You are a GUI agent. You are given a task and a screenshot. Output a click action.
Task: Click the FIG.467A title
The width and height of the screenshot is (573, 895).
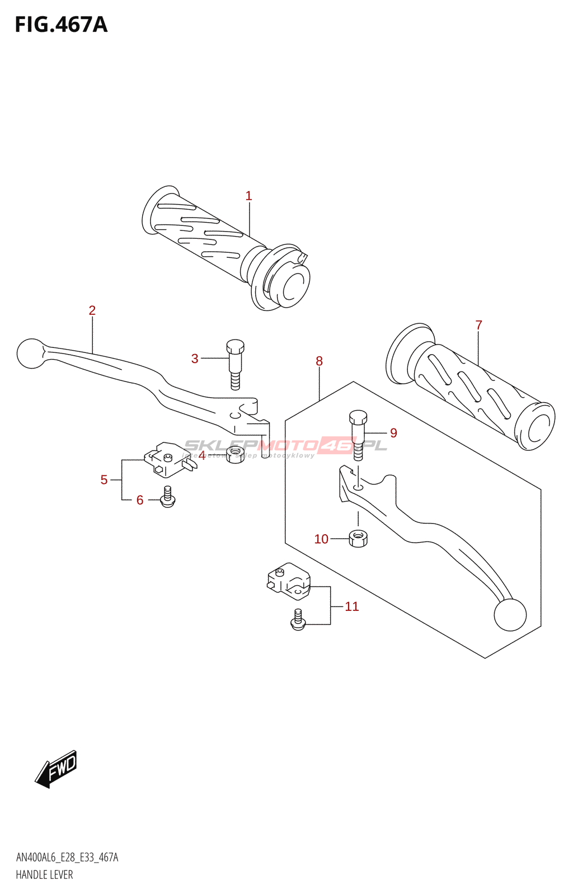tap(61, 25)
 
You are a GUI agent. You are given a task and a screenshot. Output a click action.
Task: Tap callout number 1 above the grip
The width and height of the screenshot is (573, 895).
tap(248, 196)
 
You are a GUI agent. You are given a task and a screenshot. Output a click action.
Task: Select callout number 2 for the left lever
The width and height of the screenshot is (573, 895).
tap(92, 310)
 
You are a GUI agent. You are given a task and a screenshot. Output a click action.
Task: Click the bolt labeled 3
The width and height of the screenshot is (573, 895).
tap(235, 364)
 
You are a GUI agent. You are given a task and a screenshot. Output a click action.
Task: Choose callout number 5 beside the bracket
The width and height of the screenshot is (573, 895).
tap(104, 479)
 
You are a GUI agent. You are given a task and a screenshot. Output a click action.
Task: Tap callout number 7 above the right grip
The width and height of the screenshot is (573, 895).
tap(478, 325)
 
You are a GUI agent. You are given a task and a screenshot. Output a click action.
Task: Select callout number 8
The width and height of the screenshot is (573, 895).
tap(319, 361)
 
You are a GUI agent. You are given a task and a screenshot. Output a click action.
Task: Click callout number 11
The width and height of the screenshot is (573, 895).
tap(351, 606)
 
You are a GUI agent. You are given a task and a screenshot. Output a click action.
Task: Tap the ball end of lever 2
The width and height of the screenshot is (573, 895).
tap(31, 354)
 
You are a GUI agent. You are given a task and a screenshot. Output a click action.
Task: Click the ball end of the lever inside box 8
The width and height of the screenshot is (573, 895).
tap(510, 614)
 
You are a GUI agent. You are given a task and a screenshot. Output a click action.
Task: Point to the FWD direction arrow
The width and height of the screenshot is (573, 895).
tap(57, 769)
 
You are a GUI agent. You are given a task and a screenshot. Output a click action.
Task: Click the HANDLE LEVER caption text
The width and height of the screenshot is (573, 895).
tap(44, 875)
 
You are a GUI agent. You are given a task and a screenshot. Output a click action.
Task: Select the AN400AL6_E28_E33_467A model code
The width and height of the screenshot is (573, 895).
tap(67, 858)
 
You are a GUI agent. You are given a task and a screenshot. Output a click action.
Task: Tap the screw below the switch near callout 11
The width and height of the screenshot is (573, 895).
tap(298, 620)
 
